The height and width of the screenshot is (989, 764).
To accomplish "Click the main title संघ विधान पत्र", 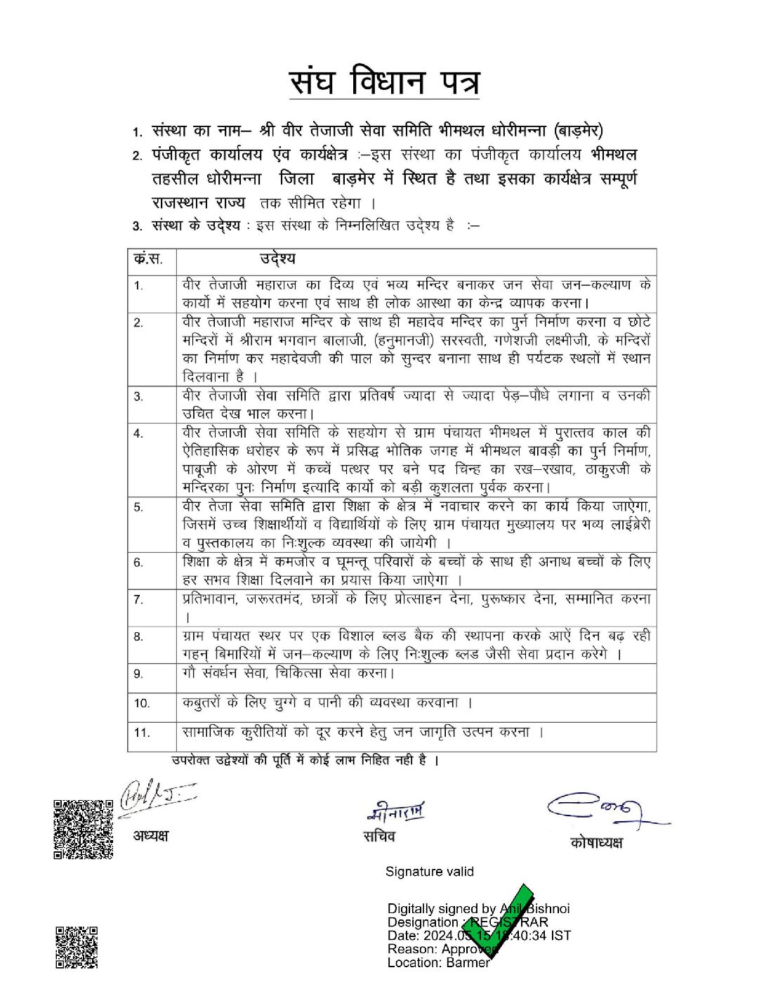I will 385,81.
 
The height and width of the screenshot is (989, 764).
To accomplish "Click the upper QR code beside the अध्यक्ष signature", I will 84,829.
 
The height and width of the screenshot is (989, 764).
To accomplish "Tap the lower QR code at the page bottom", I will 76,948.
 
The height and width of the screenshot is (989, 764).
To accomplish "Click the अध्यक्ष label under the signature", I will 151,837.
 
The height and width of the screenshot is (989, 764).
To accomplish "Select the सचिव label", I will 379,837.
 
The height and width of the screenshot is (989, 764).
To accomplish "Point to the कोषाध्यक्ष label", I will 596,842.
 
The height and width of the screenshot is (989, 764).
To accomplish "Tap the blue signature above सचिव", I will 396,812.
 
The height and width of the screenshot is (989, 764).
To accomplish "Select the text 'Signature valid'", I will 429,872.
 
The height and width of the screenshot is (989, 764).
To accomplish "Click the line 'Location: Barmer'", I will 438,962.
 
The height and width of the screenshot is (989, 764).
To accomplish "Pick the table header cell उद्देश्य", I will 277,258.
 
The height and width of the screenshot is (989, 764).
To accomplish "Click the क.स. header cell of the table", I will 149,258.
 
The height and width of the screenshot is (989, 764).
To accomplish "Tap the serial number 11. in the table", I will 142,733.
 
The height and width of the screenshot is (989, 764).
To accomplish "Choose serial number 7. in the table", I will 138,599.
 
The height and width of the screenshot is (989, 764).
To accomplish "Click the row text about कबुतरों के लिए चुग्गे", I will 327,702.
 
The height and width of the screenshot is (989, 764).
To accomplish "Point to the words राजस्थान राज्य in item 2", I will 199,202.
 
